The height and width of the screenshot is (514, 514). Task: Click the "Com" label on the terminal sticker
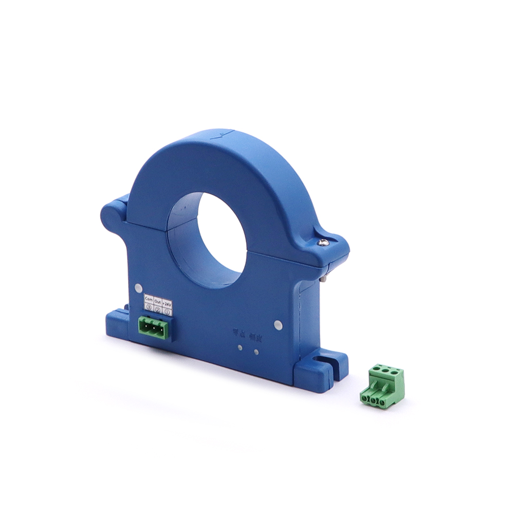pyautogui.click(x=149, y=298)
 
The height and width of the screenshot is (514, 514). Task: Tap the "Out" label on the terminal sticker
pyautogui.click(x=158, y=301)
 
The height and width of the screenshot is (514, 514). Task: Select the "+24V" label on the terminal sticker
pyautogui.click(x=167, y=304)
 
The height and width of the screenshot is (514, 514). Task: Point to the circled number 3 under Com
pyautogui.click(x=149, y=306)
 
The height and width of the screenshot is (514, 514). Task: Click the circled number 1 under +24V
pyautogui.click(x=167, y=312)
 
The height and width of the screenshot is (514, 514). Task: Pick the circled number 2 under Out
pyautogui.click(x=158, y=309)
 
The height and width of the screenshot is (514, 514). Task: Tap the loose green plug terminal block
pyautogui.click(x=382, y=386)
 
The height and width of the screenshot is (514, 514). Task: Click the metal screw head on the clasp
pyautogui.click(x=322, y=242)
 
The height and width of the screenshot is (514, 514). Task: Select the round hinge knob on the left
pyautogui.click(x=112, y=216)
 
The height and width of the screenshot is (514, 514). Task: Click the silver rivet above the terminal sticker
pyautogui.click(x=138, y=288)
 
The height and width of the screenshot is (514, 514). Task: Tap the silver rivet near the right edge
pyautogui.click(x=278, y=324)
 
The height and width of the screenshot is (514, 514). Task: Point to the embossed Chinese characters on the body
pyautogui.click(x=247, y=335)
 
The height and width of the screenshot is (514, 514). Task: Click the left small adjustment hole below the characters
pyautogui.click(x=240, y=347)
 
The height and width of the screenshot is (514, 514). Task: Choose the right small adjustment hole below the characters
pyautogui.click(x=255, y=352)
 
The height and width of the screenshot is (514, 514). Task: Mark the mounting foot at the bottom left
pyautogui.click(x=118, y=320)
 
